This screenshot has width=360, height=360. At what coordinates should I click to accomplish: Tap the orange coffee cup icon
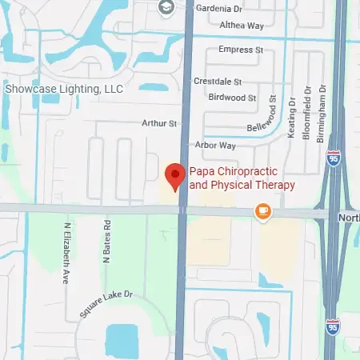coord(262,210)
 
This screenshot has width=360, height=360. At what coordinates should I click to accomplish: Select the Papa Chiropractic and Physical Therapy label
coord(242,178)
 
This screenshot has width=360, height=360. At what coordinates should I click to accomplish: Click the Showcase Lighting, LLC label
coord(64,89)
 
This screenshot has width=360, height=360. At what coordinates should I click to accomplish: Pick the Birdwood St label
coord(231,98)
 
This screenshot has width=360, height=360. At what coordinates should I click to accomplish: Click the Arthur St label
coord(158,123)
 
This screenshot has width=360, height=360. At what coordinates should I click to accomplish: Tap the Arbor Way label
coord(216,146)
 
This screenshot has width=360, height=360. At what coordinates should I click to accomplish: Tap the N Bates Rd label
coord(106,241)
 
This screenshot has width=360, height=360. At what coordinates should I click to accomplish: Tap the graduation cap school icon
coord(166,8)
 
